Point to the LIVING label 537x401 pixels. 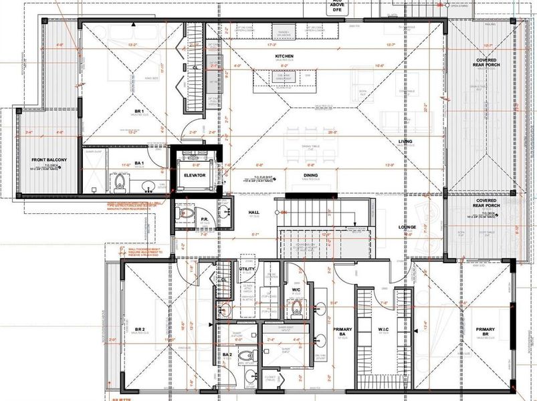tap(405, 141)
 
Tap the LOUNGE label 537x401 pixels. tap(408, 227)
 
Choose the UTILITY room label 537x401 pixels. tap(247, 269)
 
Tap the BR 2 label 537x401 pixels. tap(139, 329)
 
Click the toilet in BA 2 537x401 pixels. tap(245, 356)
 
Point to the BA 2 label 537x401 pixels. tap(227, 354)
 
